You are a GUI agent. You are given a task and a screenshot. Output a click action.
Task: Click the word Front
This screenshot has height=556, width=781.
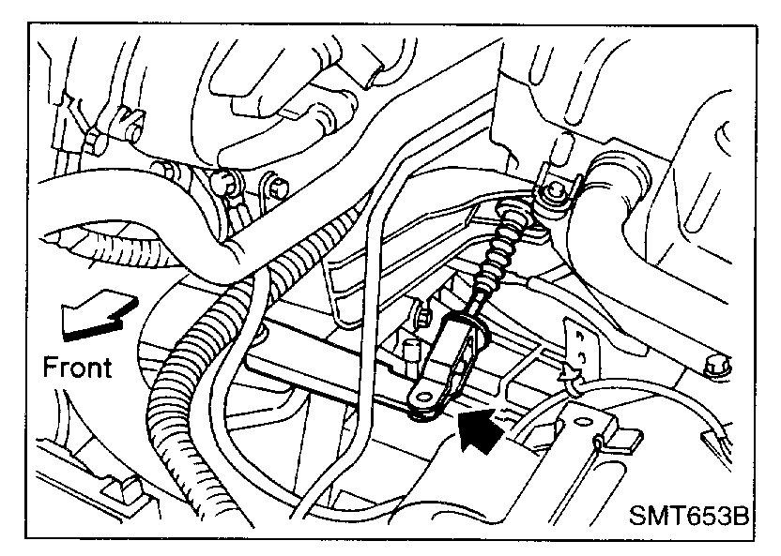77,366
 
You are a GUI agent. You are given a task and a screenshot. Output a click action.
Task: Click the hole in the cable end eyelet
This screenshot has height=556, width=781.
421,400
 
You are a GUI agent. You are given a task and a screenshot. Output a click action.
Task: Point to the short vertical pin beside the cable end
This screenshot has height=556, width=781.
410,353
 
